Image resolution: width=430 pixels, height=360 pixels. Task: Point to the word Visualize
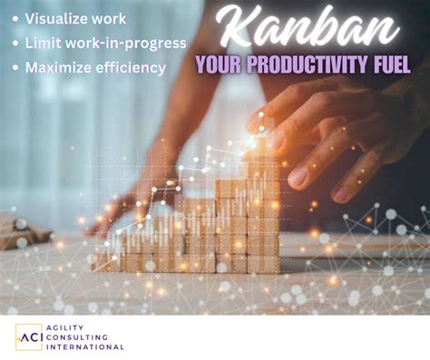(57, 19)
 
